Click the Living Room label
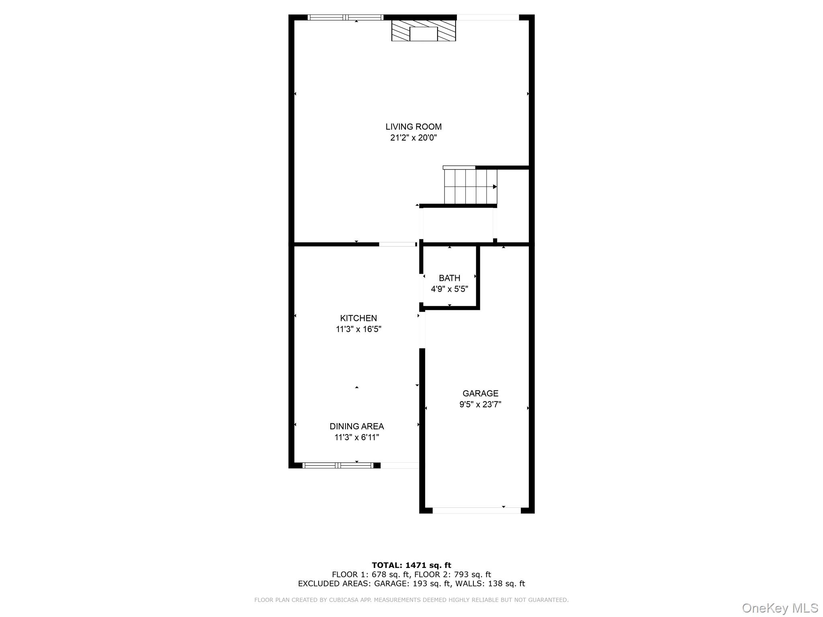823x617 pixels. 413,127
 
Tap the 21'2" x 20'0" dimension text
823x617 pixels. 413,138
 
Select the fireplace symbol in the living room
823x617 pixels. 424,31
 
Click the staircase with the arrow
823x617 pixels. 470,187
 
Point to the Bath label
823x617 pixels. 449,278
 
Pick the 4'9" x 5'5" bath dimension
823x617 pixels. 449,289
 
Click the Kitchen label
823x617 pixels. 358,318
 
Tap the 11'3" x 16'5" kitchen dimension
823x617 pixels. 358,329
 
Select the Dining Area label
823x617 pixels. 356,426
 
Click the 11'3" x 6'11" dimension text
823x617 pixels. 356,437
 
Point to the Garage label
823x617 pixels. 480,393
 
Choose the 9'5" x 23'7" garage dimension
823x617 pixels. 480,405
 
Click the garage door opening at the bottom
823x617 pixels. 476,511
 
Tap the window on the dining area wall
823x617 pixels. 338,465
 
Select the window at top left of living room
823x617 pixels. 345,17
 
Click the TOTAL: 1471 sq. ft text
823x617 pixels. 411,565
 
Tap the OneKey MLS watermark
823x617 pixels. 780,608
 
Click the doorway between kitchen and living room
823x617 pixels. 397,244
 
